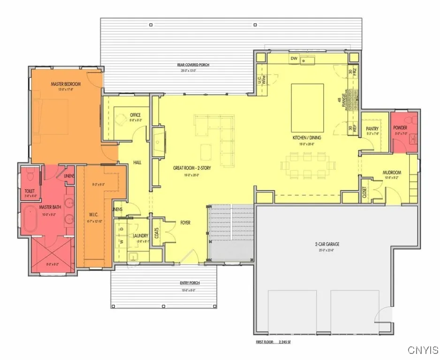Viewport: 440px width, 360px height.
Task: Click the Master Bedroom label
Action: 66,84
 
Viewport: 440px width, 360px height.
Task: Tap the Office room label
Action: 135,115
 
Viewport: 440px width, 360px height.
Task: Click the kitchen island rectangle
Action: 307,108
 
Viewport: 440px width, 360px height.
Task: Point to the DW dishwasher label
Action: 294,58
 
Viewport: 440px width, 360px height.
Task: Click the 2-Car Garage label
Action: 327,244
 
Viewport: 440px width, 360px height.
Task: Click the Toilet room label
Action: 30,191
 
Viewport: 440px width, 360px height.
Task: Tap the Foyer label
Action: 185,223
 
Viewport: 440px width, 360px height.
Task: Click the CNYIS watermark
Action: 423,350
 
